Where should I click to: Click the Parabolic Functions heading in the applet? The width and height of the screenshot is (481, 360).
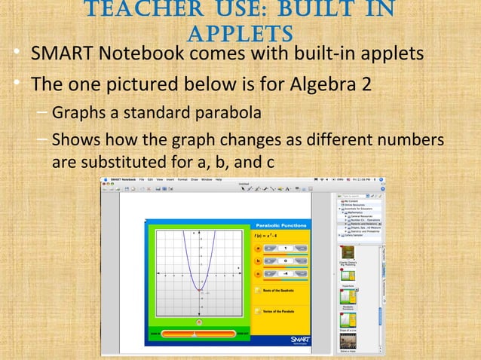[x=280, y=226]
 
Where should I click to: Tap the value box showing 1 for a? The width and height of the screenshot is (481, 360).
[x=286, y=248]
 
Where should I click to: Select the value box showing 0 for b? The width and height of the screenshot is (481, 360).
[x=286, y=261]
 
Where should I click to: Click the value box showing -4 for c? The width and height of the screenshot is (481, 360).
[x=286, y=273]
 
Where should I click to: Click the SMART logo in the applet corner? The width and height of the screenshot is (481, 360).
[x=299, y=340]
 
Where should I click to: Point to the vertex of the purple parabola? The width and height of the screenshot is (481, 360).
[x=198, y=290]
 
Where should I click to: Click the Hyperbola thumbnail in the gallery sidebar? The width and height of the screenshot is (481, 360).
[x=348, y=278]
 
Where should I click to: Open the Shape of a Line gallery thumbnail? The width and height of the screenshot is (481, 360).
[x=348, y=320]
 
